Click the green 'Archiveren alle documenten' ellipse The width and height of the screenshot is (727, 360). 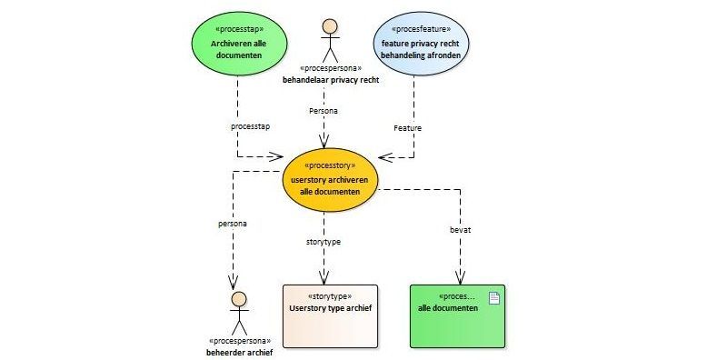pos(239,43)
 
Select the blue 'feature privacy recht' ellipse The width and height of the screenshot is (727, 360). pos(421,43)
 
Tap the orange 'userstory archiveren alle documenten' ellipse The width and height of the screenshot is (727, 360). pos(330,180)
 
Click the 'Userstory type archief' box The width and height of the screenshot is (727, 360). pos(330,316)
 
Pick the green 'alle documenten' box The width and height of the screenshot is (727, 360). pos(457,316)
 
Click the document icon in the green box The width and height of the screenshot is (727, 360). pos(494,298)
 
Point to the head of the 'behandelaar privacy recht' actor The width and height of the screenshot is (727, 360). pos(330,26)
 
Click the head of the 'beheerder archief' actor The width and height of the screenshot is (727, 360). pos(239,299)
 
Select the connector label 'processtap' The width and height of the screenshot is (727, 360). pos(251,126)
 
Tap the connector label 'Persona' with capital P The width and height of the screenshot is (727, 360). pos(324,111)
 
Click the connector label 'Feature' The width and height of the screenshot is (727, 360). pos(407,128)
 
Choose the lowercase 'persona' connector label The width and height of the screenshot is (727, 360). pos(233,224)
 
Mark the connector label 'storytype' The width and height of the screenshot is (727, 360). pos(324,242)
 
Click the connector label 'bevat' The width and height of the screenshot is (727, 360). pos(460,230)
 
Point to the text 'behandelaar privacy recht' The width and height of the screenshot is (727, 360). pos(331,80)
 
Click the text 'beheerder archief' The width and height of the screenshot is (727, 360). pos(239,352)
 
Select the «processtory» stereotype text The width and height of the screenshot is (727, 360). pos(330,165)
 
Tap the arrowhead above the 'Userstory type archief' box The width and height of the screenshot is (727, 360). pos(324,277)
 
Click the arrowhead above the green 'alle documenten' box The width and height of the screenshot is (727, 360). pos(460,277)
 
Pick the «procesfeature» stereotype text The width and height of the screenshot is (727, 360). pos(421,29)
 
